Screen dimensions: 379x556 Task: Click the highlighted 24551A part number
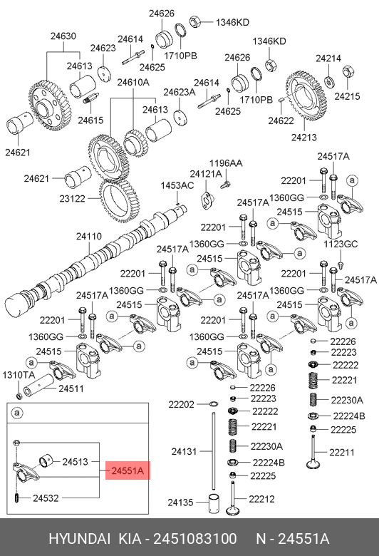click(128, 470)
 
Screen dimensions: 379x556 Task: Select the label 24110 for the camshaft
click(89, 236)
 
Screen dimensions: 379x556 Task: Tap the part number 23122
click(73, 199)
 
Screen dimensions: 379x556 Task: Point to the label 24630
click(63, 36)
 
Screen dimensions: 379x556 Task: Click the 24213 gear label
click(304, 138)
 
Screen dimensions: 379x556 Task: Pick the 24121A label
click(206, 174)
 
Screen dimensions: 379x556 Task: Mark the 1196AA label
click(226, 163)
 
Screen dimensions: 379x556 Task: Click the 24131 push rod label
click(184, 451)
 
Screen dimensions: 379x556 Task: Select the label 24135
click(180, 503)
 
